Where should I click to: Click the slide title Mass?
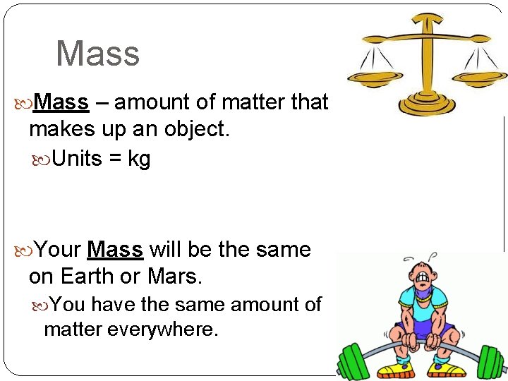tap(97, 54)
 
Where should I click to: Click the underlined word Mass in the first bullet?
tap(61, 103)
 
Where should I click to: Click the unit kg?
tap(139, 159)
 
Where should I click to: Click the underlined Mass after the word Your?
tap(115, 250)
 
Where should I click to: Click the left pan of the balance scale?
tap(372, 75)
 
